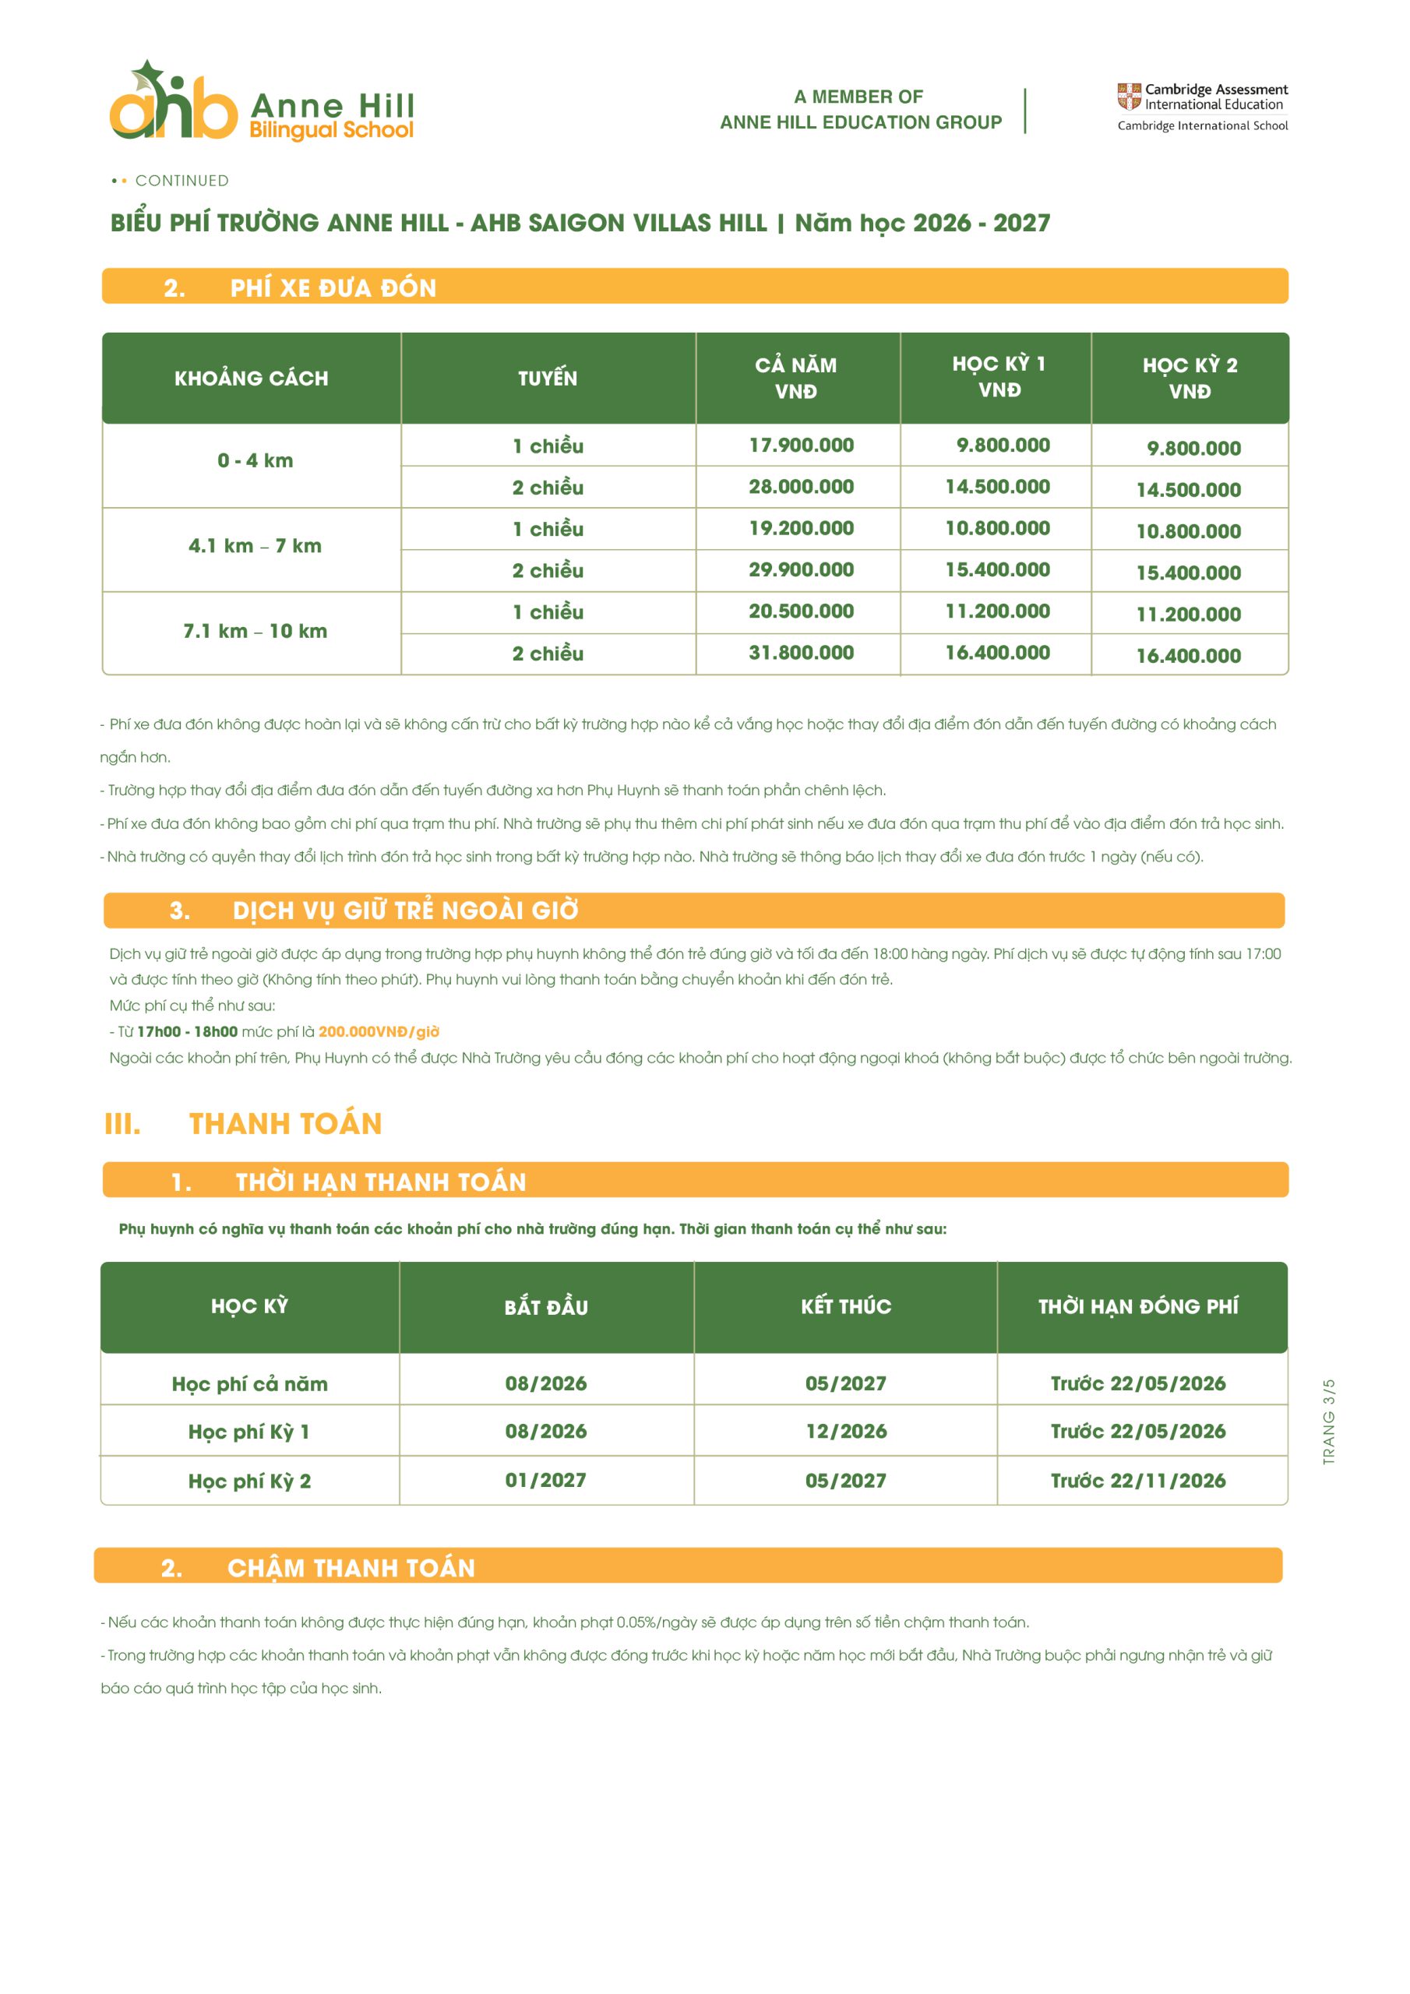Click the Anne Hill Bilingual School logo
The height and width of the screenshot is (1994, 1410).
[x=261, y=103]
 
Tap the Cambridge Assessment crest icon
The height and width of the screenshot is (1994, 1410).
[x=1129, y=97]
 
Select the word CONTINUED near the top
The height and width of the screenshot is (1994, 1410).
[x=182, y=181]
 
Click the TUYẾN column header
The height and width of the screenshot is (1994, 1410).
[x=548, y=378]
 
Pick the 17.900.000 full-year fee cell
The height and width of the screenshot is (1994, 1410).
[x=801, y=446]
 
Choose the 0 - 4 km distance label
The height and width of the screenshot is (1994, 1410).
[x=255, y=460]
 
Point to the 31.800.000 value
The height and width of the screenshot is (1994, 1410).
[x=801, y=652]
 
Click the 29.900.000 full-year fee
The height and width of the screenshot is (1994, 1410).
[x=801, y=569]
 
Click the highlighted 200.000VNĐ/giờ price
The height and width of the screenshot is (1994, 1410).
[x=379, y=1032]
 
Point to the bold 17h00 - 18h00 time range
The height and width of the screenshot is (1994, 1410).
[x=187, y=1032]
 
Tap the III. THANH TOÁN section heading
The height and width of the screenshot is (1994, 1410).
[x=243, y=1124]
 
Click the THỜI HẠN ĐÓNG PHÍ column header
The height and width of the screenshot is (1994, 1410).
[x=1138, y=1306]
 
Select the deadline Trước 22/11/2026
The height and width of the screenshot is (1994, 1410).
[x=1138, y=1481]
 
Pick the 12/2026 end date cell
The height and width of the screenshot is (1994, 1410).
[x=845, y=1431]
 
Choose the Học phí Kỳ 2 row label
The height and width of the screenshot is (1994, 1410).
[x=249, y=1481]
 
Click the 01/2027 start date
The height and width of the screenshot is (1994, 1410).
[x=545, y=1480]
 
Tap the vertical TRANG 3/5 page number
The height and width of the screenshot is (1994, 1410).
[x=1328, y=1422]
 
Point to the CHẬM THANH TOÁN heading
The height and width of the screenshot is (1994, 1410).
[x=351, y=1568]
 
